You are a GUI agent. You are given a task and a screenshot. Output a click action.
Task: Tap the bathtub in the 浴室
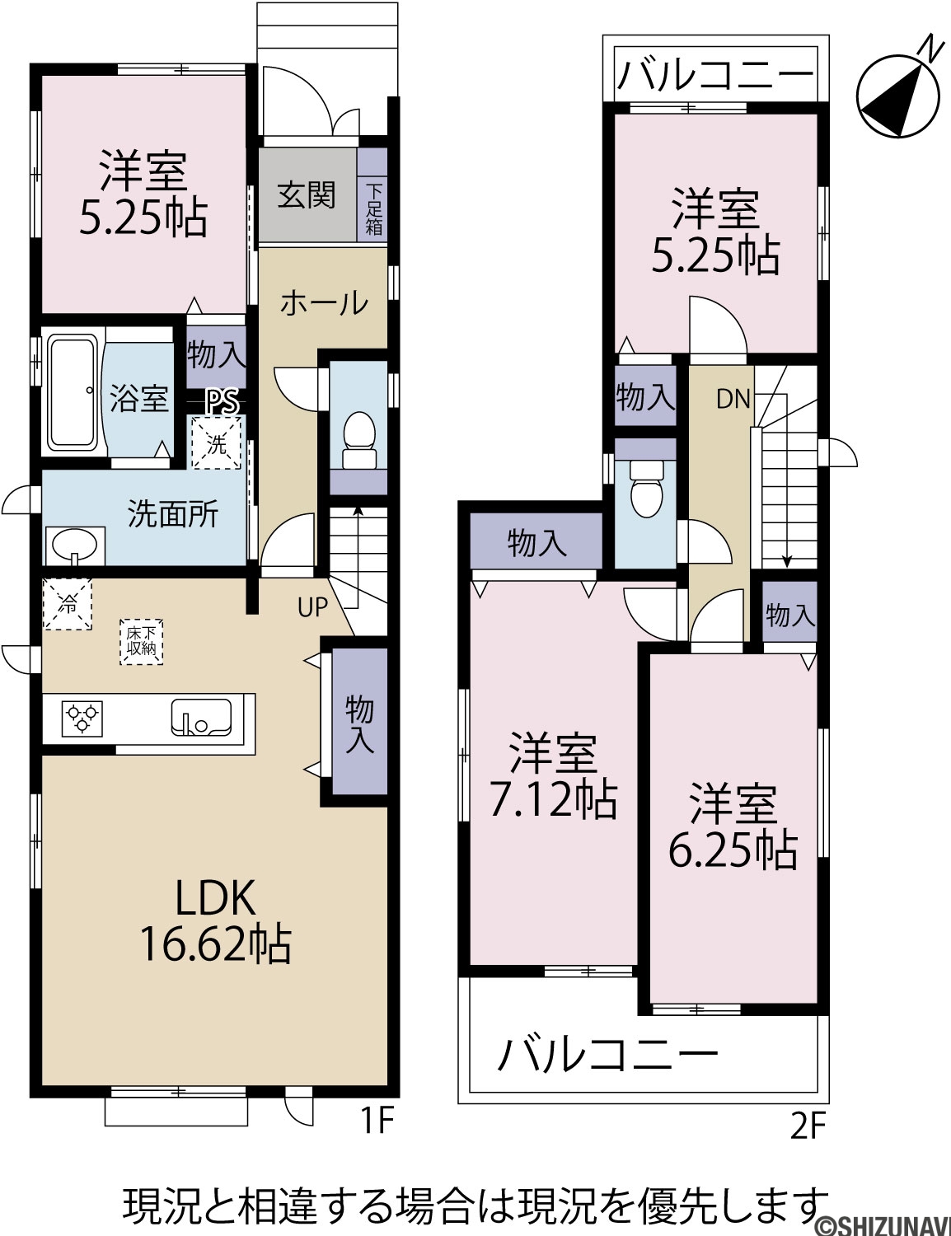coord(73,392)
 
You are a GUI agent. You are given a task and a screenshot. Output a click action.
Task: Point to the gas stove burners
coord(82,719)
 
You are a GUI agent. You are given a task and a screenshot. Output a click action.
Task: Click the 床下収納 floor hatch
coord(141,642)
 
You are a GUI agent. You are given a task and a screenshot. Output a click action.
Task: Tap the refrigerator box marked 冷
coord(67,604)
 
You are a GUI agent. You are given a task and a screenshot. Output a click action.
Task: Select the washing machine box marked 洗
coord(216,443)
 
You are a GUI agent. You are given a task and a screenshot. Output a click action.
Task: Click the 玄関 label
coord(307,195)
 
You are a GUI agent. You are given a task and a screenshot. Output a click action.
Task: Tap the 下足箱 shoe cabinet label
coord(373,210)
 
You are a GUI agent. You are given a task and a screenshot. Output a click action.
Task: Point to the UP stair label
coord(313,607)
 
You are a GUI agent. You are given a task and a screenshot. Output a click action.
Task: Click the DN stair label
coord(733,400)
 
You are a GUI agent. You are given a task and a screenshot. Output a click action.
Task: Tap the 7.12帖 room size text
coord(554,801)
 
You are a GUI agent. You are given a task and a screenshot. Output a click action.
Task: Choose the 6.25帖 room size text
coord(733,850)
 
